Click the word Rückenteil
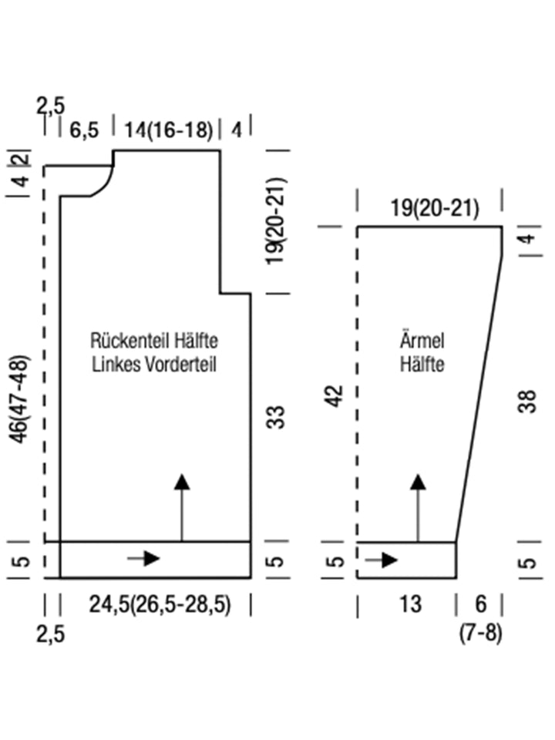point(125,340)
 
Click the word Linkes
point(116,365)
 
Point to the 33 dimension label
point(278,417)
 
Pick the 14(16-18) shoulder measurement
point(168,129)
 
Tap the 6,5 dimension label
point(84,129)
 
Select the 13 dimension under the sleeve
point(411,604)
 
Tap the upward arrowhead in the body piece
point(181,483)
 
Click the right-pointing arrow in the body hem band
point(145,558)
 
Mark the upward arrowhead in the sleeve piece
point(418,483)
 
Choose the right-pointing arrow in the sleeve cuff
point(382,559)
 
